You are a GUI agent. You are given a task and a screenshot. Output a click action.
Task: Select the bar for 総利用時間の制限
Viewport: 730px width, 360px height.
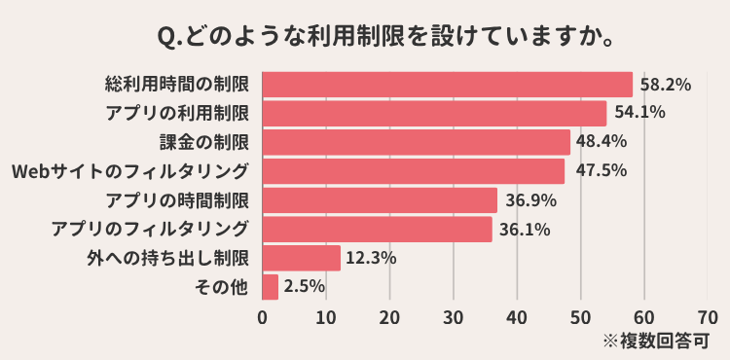click(x=447, y=85)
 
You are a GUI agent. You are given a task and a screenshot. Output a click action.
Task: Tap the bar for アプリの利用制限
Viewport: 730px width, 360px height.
click(x=434, y=113)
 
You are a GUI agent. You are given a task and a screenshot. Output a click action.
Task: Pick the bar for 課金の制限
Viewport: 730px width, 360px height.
click(x=416, y=142)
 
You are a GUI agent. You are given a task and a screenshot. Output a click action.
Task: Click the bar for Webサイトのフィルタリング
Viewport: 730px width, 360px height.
click(x=413, y=171)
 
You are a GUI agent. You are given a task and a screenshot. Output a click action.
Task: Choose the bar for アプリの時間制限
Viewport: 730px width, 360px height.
click(x=380, y=200)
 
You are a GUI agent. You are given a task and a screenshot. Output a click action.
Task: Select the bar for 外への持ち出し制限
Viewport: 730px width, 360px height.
click(x=301, y=258)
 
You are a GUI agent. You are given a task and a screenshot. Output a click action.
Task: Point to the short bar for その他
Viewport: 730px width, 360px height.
click(x=271, y=287)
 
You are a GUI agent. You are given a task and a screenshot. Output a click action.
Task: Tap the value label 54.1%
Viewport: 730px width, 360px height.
click(x=639, y=113)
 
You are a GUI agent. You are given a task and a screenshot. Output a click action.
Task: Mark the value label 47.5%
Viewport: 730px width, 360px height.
click(x=597, y=171)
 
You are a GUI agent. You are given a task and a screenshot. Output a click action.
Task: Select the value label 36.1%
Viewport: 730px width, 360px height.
click(x=526, y=230)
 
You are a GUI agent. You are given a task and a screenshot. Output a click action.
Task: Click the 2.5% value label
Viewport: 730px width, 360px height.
click(x=304, y=287)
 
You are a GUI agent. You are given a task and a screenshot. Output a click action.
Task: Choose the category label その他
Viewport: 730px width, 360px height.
click(x=222, y=287)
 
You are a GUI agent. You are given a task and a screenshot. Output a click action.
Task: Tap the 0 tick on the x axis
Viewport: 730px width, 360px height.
click(x=263, y=316)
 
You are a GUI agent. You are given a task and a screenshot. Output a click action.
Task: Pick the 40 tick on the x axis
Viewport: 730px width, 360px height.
click(x=517, y=316)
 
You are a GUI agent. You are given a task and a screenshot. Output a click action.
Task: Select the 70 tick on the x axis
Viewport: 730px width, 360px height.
click(x=708, y=316)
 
